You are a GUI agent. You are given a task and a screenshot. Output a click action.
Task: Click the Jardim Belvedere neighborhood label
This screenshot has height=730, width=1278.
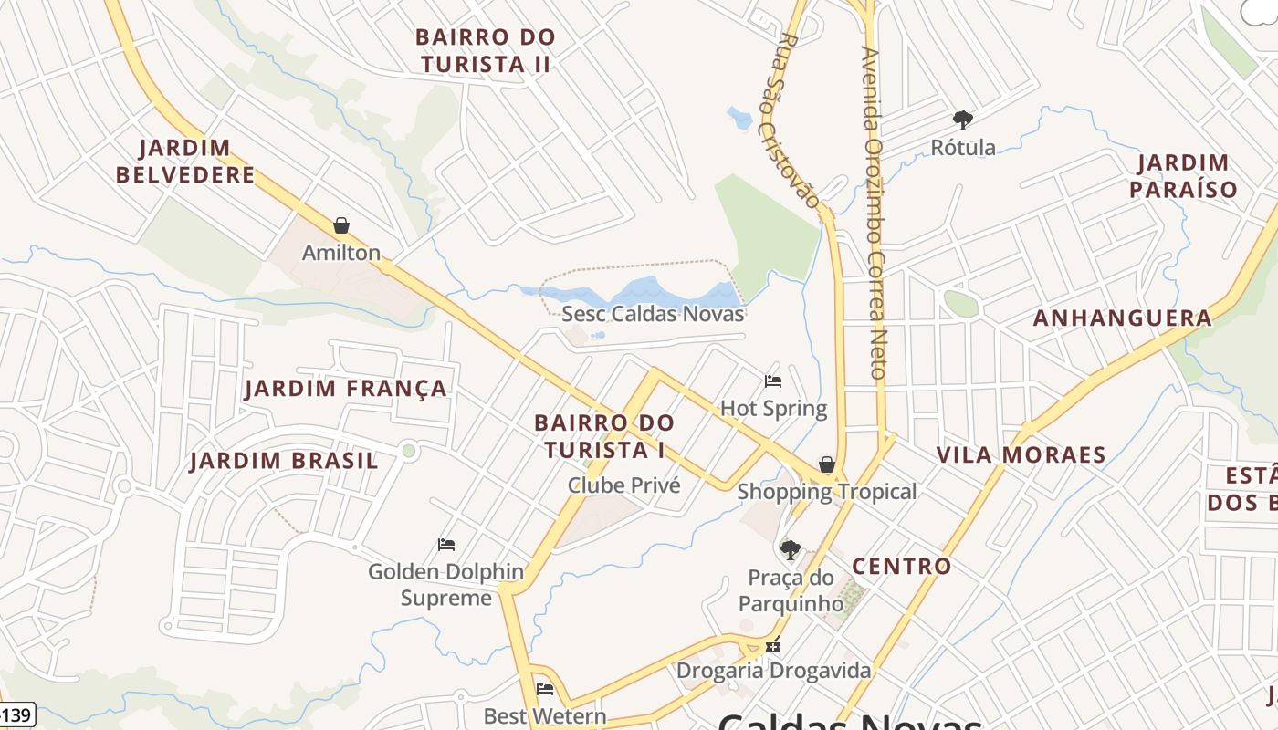[185, 162]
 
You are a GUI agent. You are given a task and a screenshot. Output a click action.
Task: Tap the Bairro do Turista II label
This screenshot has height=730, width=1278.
[485, 51]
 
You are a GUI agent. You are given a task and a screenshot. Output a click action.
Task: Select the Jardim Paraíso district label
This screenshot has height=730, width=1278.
[1183, 176]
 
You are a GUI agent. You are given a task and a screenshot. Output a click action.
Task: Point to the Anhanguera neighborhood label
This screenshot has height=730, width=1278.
[1122, 318]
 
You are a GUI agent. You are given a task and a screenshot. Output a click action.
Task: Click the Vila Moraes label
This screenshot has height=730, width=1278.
[1021, 454]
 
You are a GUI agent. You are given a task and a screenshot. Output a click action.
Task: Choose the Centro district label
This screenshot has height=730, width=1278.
[902, 566]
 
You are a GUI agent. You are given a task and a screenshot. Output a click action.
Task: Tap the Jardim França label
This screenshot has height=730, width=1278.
[346, 389]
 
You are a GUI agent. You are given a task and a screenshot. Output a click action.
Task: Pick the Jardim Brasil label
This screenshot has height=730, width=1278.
[284, 461]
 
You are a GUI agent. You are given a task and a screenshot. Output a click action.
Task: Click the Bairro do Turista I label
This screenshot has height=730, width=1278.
[604, 436]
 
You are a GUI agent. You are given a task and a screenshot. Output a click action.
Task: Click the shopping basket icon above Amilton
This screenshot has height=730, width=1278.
[341, 225]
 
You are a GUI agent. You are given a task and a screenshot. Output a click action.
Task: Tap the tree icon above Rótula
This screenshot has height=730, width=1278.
[962, 120]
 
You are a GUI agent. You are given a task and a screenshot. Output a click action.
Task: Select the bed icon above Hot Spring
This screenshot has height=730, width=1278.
[773, 381]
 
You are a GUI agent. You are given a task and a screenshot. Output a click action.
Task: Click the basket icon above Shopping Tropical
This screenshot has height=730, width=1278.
[826, 465]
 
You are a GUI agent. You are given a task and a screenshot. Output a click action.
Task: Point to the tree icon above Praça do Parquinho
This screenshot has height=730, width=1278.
[790, 549]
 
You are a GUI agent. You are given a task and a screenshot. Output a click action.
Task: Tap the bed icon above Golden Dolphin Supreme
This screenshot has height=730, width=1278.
[446, 545]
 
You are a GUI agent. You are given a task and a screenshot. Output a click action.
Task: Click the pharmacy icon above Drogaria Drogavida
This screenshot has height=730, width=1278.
[774, 644]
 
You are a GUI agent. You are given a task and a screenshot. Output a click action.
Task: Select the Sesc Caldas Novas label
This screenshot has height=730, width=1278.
[653, 314]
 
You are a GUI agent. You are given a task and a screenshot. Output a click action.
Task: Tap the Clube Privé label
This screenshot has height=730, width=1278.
[624, 485]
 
